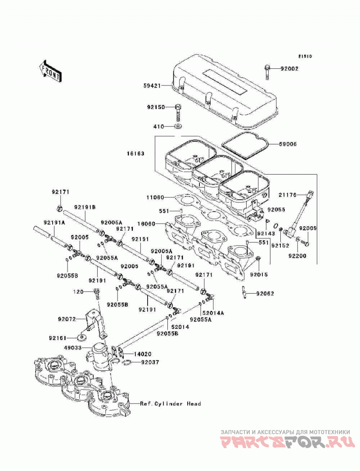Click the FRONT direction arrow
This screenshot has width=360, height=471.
[x=50, y=71]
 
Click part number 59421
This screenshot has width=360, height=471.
[x=152, y=85]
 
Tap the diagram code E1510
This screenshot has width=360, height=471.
[x=305, y=56]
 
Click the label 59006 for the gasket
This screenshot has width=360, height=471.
[x=288, y=144]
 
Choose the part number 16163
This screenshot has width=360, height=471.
[x=135, y=153]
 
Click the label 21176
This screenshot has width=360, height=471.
[x=287, y=195]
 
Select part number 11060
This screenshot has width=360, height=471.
[x=155, y=197]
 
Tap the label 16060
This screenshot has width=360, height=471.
[x=155, y=224]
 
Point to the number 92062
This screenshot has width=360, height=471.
[x=265, y=293]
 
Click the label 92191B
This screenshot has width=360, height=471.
[x=85, y=207]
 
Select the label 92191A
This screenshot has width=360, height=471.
[x=54, y=223]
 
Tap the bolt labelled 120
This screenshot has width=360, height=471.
[x=96, y=293]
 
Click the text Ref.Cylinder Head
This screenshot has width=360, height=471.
[x=171, y=404]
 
